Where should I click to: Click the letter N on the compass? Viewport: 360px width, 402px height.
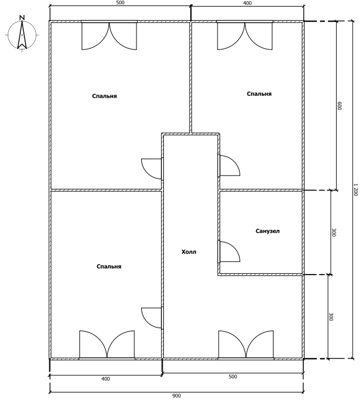coord(22,18)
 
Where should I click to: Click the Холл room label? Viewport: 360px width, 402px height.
coord(189,252)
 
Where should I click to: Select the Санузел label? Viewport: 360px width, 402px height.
coord(268,231)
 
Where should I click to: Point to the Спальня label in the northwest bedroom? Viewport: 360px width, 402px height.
coord(104,96)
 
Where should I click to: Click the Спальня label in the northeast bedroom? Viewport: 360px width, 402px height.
coord(259,94)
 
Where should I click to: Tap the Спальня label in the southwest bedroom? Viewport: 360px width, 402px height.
coord(109,267)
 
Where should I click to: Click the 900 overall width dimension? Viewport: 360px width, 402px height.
coord(176,396)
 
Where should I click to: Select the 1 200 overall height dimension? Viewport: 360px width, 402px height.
coord(355,190)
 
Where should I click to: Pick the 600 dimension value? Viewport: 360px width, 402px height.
coord(339,105)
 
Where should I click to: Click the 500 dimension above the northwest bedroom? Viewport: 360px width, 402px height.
coord(120,3)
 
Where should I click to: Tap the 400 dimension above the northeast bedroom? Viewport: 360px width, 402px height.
coord(247,3)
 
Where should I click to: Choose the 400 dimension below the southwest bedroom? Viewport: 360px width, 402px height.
coord(105,379)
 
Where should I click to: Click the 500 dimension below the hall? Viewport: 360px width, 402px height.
coord(232,376)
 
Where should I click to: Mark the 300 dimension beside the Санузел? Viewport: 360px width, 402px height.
coord(333,232)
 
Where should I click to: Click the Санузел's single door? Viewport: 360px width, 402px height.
coord(229,251)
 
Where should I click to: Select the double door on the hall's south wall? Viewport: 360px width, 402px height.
coord(246,344)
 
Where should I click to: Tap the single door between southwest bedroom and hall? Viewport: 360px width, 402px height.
coord(152,318)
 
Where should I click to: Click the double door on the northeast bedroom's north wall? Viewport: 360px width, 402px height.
coord(244,36)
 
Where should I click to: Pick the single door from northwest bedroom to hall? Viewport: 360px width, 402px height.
coord(152,169)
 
